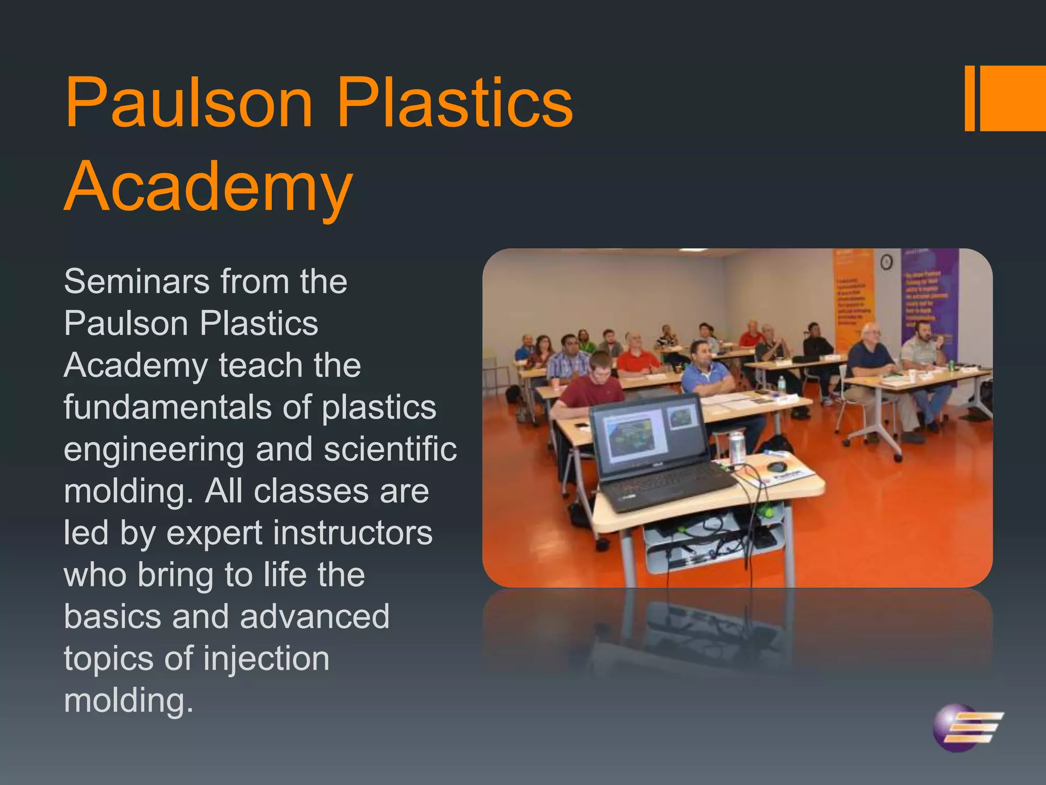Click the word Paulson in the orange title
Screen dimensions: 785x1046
coord(188,102)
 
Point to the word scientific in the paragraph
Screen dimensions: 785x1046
coord(390,449)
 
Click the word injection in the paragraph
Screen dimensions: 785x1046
coord(267,659)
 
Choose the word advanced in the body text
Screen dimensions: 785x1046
coord(315,617)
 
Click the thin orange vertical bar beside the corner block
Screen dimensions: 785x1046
coord(969,98)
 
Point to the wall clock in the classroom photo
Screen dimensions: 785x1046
coord(887,262)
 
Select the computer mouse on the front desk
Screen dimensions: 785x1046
coord(776,467)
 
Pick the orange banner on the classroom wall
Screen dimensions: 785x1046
coord(853,291)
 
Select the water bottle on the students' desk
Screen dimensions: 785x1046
coord(781,384)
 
